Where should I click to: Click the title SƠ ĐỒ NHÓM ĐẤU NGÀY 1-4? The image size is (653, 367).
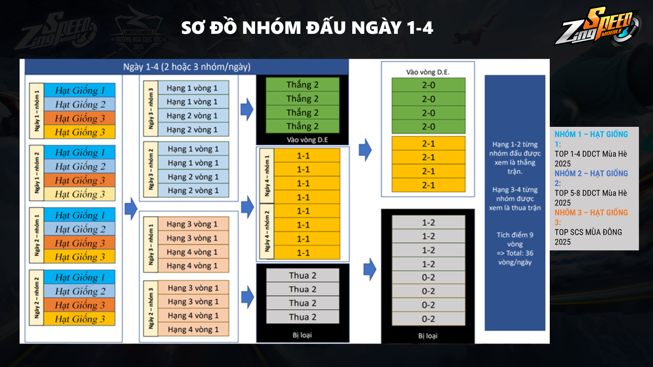tap(307, 28)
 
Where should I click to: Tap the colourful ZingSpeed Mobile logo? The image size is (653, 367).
tap(597, 26)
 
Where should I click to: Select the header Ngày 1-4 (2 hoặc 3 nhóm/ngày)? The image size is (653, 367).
tap(187, 67)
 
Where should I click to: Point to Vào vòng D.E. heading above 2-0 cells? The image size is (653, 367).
tap(427, 72)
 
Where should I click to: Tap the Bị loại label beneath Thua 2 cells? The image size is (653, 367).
tap(302, 335)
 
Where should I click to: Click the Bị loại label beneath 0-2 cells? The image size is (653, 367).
tap(428, 336)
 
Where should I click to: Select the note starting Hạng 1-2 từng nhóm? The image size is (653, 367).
tap(515, 158)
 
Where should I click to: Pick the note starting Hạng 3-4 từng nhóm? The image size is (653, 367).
tap(515, 199)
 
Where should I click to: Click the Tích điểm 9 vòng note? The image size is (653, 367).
tap(515, 248)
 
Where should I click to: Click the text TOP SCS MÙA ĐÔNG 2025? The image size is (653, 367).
tap(588, 237)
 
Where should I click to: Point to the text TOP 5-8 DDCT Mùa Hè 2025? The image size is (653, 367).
tap(591, 198)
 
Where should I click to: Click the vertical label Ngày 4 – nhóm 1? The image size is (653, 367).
tap(267, 176)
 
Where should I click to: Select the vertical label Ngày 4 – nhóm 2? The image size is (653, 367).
tap(267, 232)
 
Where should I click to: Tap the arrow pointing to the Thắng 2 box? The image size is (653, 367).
tap(247, 109)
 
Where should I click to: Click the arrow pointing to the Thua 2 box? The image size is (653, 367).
tap(247, 297)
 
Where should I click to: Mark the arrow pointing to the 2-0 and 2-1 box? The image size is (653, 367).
tap(365, 150)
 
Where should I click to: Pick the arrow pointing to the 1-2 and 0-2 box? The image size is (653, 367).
tap(370, 269)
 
